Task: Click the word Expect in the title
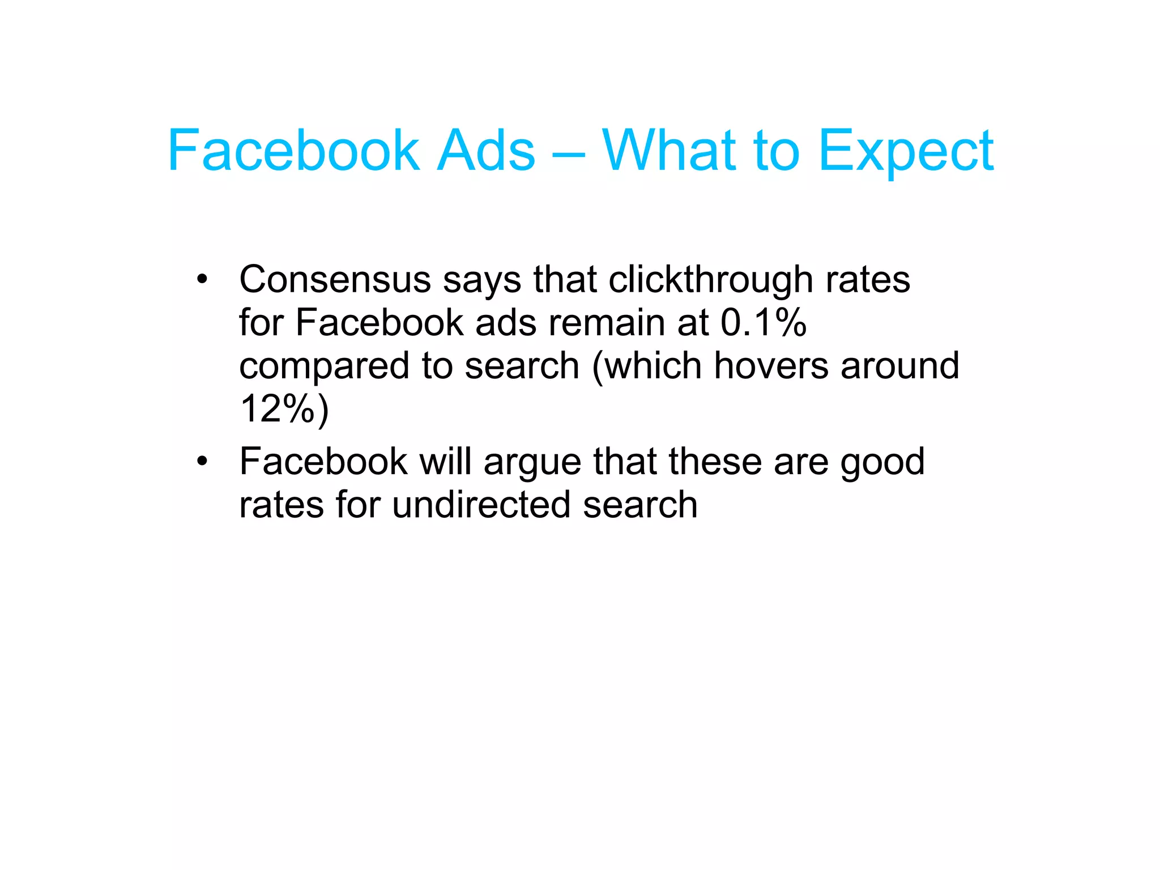[906, 151]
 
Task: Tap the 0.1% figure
[763, 323]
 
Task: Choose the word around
[900, 365]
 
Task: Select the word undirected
[481, 505]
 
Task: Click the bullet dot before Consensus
[202, 279]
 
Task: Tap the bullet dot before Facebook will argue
[202, 461]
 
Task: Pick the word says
[481, 280]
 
